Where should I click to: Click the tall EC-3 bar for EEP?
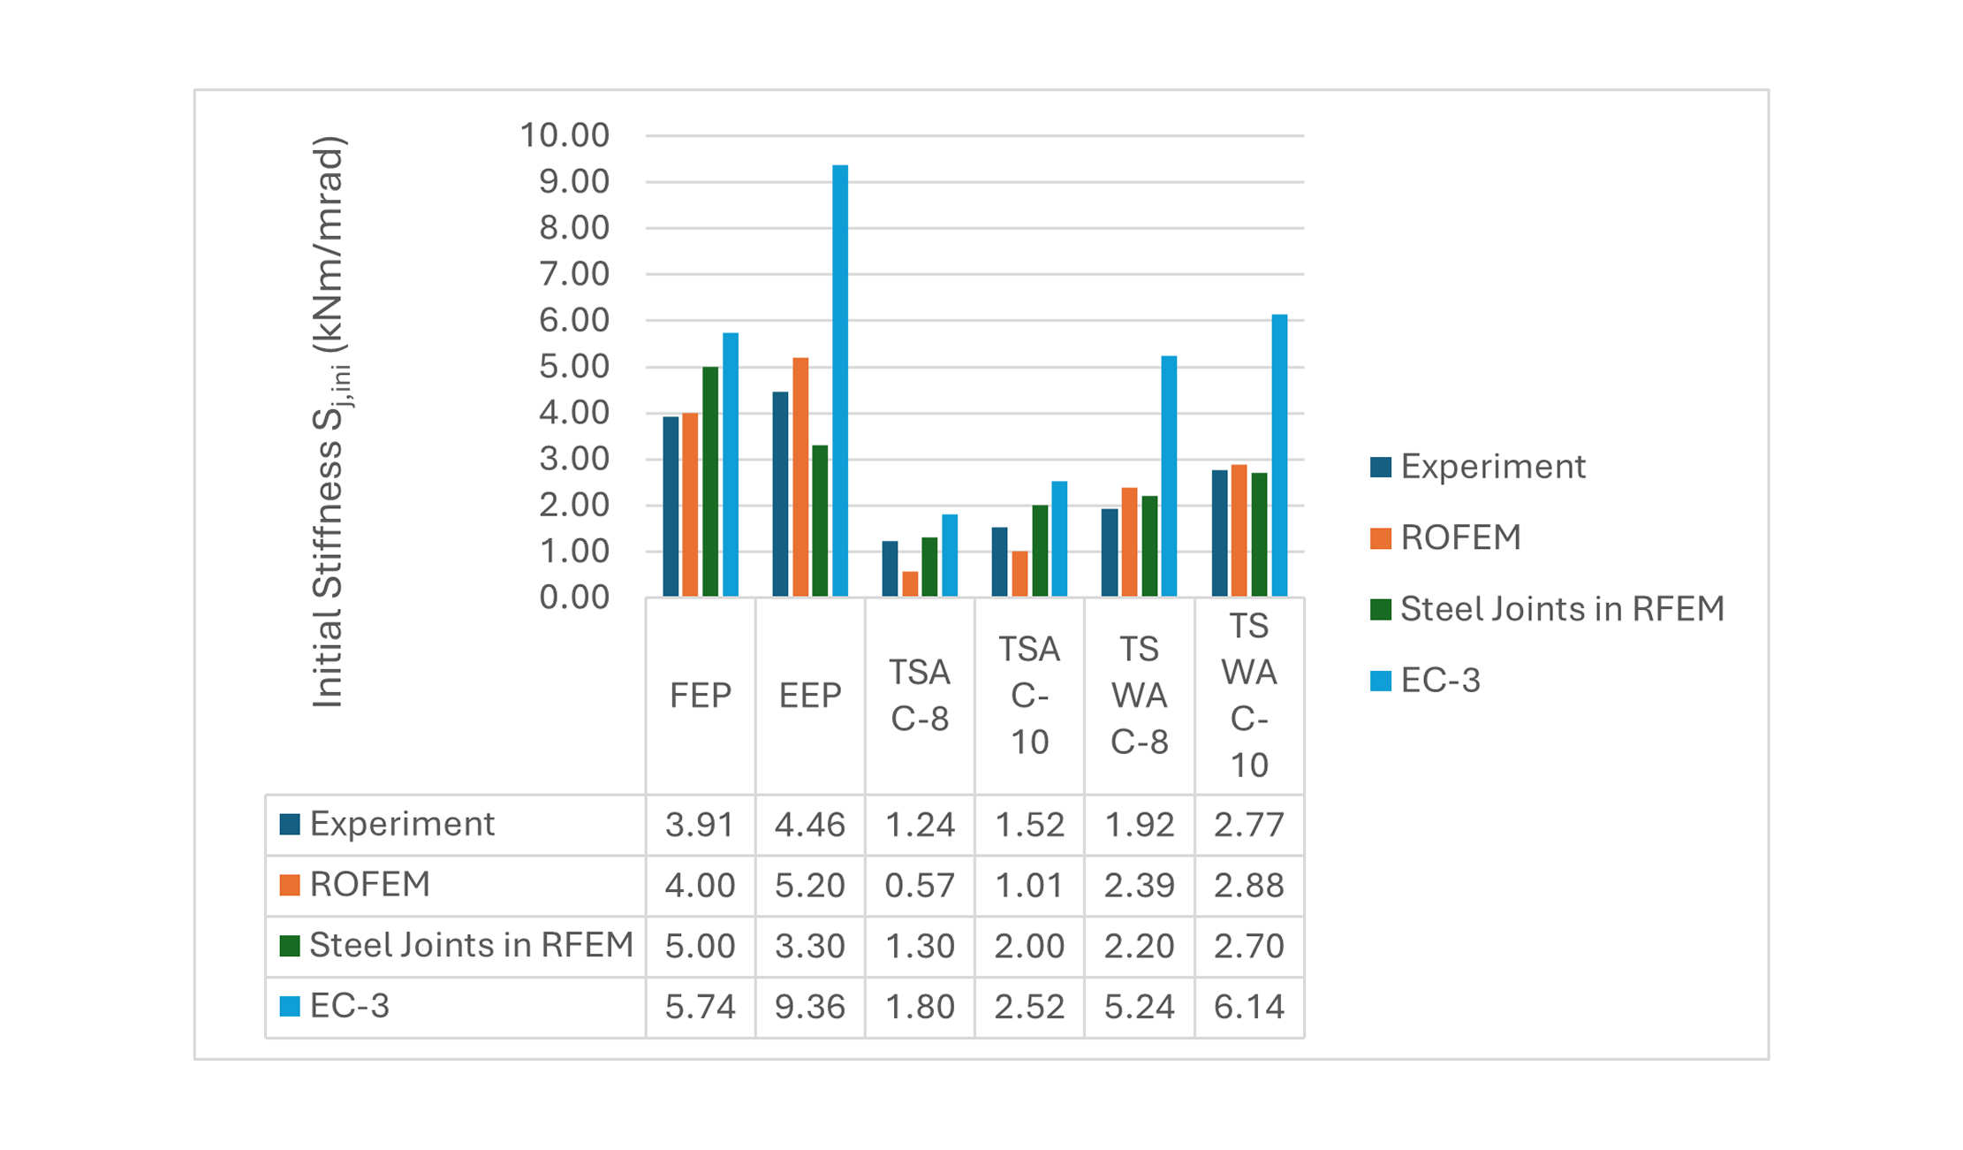pos(839,380)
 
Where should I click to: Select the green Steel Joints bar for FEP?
pos(710,482)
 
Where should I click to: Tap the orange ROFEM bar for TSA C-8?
pos(910,584)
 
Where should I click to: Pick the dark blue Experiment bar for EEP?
pos(780,494)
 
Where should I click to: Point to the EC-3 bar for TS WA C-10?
pos(1279,455)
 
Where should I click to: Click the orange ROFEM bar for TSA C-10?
pos(1019,574)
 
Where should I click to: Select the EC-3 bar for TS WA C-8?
pos(1169,476)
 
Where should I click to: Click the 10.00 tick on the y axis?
pos(565,135)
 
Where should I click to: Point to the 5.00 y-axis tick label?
pos(573,367)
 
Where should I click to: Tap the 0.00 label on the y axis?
pos(573,598)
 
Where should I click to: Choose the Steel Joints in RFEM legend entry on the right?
pos(1546,609)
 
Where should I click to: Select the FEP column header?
pos(700,696)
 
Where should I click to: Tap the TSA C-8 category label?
pos(919,696)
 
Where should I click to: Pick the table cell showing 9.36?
pos(809,1007)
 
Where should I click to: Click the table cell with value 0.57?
pos(919,885)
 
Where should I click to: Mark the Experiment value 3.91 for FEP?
pos(700,825)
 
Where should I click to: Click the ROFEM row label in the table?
pos(369,885)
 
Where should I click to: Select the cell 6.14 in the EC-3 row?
pos(1248,1007)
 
